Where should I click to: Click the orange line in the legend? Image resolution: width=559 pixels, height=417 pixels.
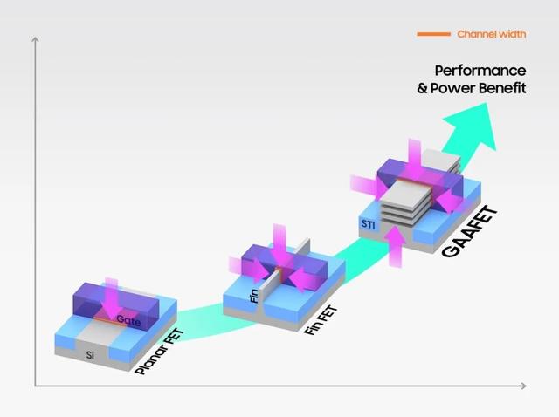433,34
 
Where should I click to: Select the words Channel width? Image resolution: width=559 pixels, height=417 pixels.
491,34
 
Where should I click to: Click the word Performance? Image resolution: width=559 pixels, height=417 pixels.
480,70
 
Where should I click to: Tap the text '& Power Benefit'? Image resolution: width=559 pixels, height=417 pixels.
471,87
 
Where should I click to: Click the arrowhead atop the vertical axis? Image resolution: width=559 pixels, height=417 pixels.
35,40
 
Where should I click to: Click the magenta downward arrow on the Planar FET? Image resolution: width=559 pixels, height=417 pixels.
112,297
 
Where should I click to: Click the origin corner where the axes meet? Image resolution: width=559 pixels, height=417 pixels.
35,385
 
